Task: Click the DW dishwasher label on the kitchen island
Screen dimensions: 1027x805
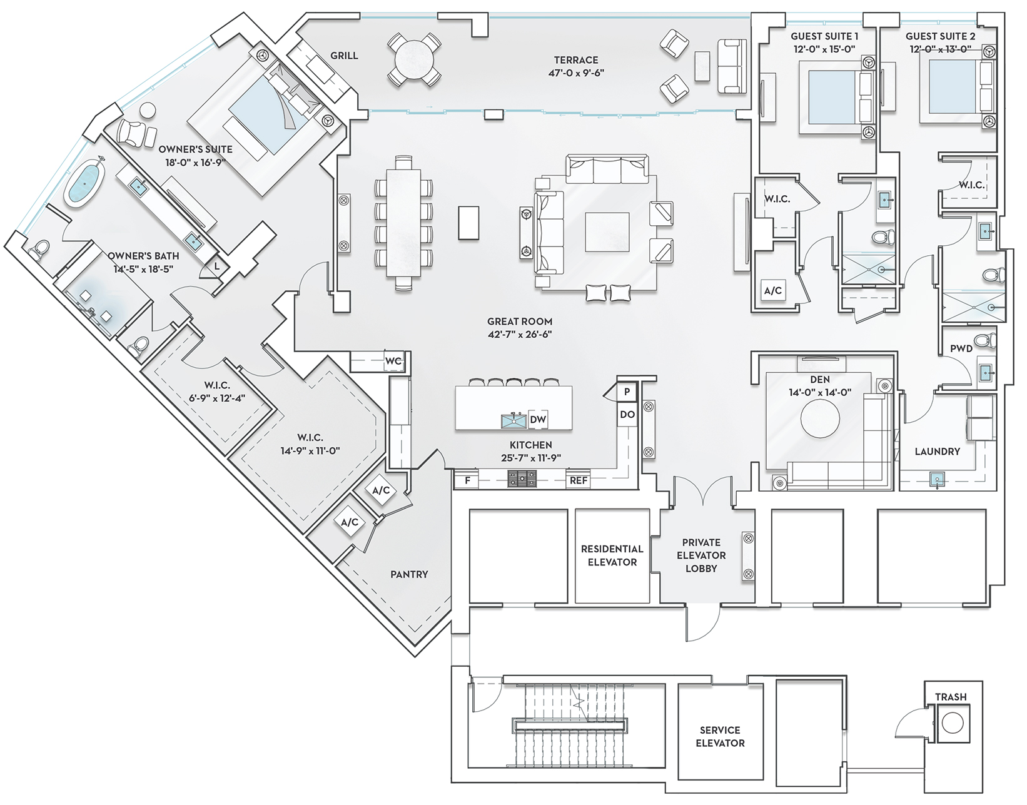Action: coord(538,419)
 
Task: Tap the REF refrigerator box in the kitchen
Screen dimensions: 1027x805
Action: coord(579,480)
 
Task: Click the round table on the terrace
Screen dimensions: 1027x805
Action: coord(414,59)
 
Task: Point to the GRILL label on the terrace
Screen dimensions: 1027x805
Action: coord(344,56)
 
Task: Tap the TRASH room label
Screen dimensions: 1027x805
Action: coord(951,697)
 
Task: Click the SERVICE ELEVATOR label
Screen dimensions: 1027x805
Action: coord(721,736)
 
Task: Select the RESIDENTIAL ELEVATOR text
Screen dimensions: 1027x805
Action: coord(612,555)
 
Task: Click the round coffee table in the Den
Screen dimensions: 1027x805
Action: coord(820,418)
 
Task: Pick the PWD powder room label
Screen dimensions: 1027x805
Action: coord(961,348)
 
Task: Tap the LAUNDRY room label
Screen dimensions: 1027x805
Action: coord(937,452)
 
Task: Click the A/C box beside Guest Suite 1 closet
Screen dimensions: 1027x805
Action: coord(773,290)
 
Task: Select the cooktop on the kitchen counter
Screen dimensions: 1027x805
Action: coord(522,478)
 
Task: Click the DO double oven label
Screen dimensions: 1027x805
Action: coord(627,414)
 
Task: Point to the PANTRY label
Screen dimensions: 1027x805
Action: coord(409,574)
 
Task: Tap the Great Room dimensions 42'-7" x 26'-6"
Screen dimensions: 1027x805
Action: coord(520,335)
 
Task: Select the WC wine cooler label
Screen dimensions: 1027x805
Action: coord(393,362)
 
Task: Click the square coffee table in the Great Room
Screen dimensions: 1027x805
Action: coord(607,233)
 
